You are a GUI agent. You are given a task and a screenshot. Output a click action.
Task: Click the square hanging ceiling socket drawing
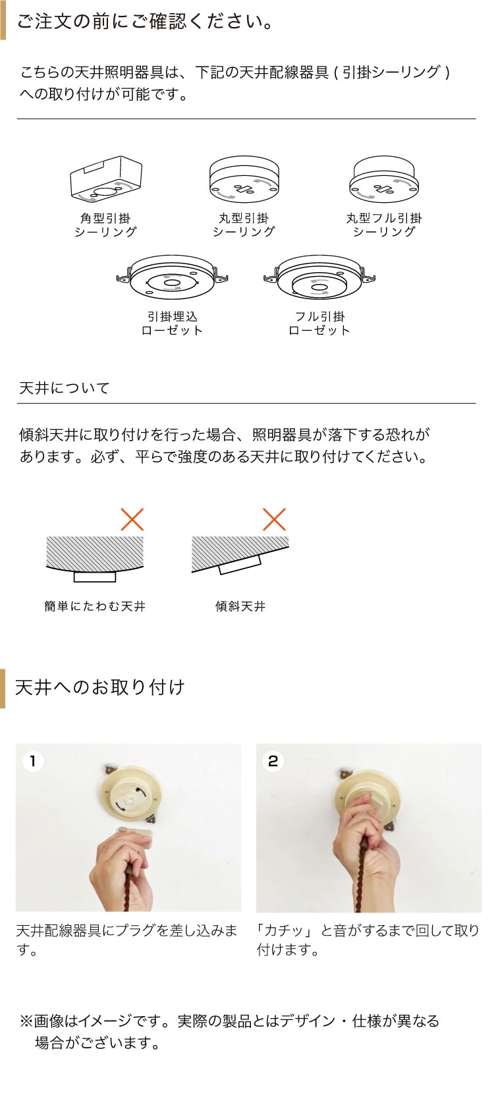tap(106, 180)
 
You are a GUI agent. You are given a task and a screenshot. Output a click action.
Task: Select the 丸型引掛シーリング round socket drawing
tap(244, 180)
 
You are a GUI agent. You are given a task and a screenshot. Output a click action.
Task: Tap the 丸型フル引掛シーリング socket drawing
tap(384, 180)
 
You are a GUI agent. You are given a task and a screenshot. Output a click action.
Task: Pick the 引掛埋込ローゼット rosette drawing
tap(172, 277)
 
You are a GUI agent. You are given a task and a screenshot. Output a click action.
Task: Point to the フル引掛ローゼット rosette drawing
tap(319, 277)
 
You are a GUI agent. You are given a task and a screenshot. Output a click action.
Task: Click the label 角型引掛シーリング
tap(105, 225)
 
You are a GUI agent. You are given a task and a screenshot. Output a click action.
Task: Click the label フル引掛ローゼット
tap(319, 324)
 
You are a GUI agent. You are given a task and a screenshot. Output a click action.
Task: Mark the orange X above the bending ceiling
tap(132, 519)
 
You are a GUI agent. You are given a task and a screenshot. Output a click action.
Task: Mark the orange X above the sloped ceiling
tap(274, 519)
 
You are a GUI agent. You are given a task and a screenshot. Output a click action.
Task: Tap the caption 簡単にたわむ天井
tap(95, 606)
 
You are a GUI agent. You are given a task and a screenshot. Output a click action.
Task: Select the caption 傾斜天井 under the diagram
tap(240, 606)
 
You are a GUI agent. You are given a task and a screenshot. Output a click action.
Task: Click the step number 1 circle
tap(33, 761)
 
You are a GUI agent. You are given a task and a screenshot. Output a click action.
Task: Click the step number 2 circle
tap(273, 761)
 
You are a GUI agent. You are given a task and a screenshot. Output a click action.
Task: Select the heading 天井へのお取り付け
tap(100, 687)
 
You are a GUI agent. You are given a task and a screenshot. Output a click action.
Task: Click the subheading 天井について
tap(64, 387)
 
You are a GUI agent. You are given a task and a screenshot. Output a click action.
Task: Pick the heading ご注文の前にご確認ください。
tap(146, 22)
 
